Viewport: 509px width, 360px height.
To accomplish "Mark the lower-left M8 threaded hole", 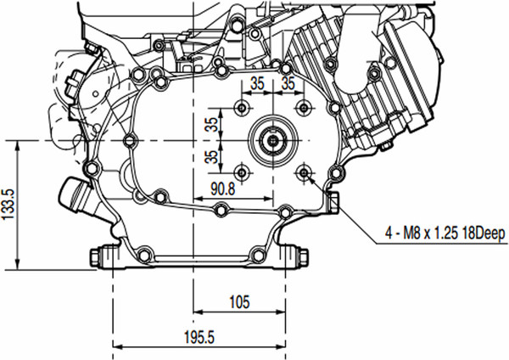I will [x=243, y=172].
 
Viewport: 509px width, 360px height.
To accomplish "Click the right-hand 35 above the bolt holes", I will [x=288, y=84].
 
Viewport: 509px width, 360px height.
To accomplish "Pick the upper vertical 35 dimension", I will [x=210, y=123].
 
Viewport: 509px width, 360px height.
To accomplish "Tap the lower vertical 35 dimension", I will [x=210, y=156].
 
